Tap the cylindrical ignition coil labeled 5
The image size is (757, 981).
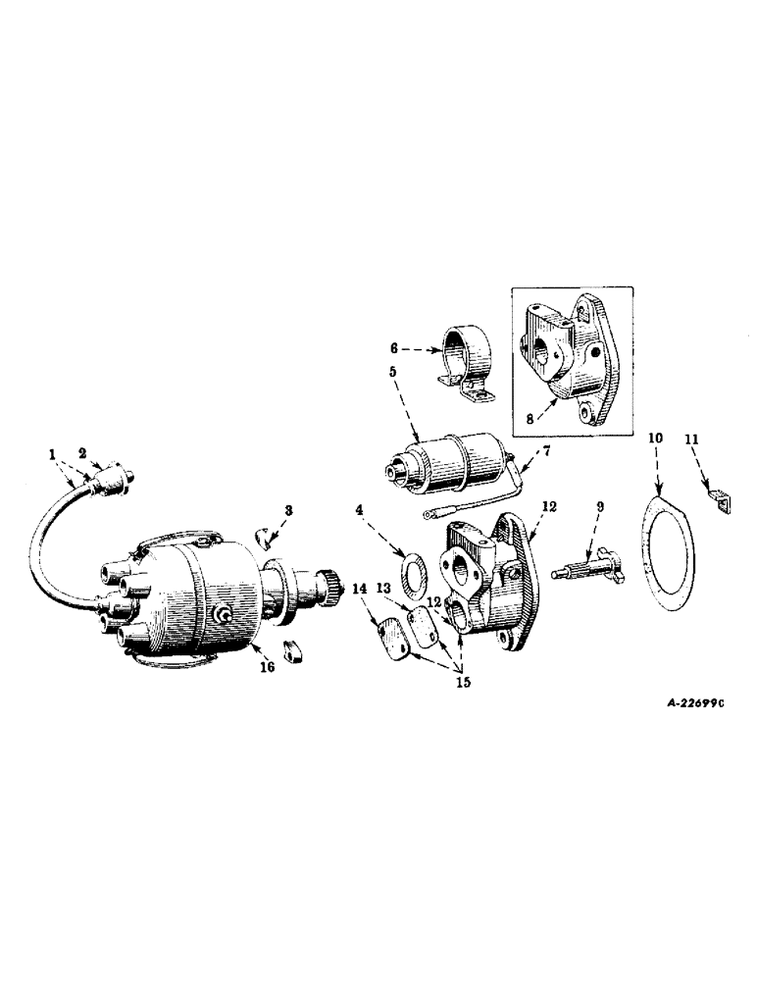[450, 460]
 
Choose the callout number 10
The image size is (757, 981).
[656, 435]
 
